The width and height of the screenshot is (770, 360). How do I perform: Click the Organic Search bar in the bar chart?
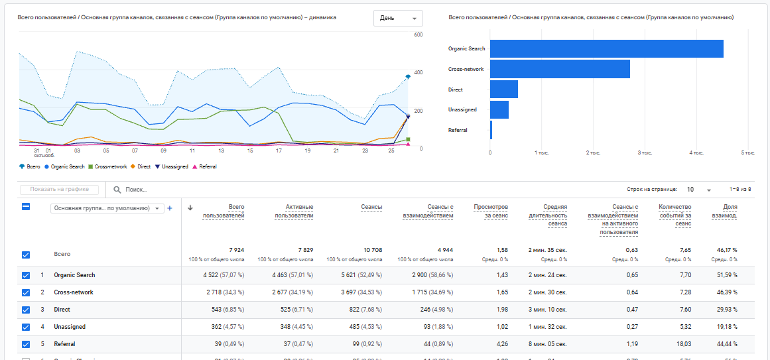coord(606,49)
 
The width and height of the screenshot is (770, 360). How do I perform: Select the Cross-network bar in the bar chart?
coord(560,69)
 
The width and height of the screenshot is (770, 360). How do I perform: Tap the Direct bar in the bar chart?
coord(503,90)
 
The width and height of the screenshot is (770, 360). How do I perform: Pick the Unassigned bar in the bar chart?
coord(499,109)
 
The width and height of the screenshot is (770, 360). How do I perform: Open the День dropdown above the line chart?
coord(398,18)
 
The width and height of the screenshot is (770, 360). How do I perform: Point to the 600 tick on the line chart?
coord(418,34)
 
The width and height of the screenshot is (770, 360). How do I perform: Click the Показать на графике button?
coord(60,190)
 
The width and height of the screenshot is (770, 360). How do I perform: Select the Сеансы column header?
coord(371,208)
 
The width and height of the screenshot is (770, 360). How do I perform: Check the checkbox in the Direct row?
coord(26,310)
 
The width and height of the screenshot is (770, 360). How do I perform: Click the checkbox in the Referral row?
coord(26,344)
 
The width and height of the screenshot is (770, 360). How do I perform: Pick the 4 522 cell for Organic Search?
coord(224,275)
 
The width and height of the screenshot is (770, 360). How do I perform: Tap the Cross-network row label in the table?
coord(74,292)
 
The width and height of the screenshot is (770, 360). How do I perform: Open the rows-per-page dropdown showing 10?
coord(698,190)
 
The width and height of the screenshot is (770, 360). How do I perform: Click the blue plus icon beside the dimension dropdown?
coord(170,208)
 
